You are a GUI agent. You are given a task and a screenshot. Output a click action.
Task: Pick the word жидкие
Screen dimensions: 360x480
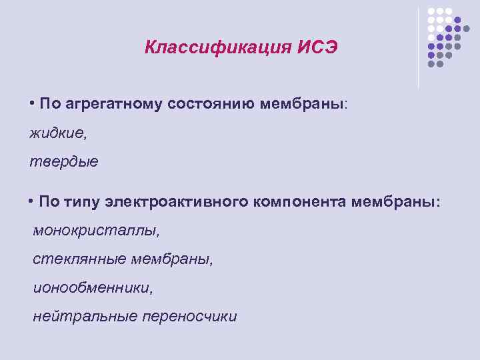point(58,133)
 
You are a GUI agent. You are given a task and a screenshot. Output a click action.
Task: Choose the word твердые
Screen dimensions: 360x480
point(64,162)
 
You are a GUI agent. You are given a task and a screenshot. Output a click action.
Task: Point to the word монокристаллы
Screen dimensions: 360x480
point(97,231)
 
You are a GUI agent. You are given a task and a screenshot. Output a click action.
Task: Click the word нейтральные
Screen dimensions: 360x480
point(85,317)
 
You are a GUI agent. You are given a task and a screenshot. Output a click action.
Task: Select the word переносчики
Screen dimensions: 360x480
point(190,317)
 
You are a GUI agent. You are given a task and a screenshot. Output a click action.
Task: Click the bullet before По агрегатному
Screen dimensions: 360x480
point(32,103)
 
